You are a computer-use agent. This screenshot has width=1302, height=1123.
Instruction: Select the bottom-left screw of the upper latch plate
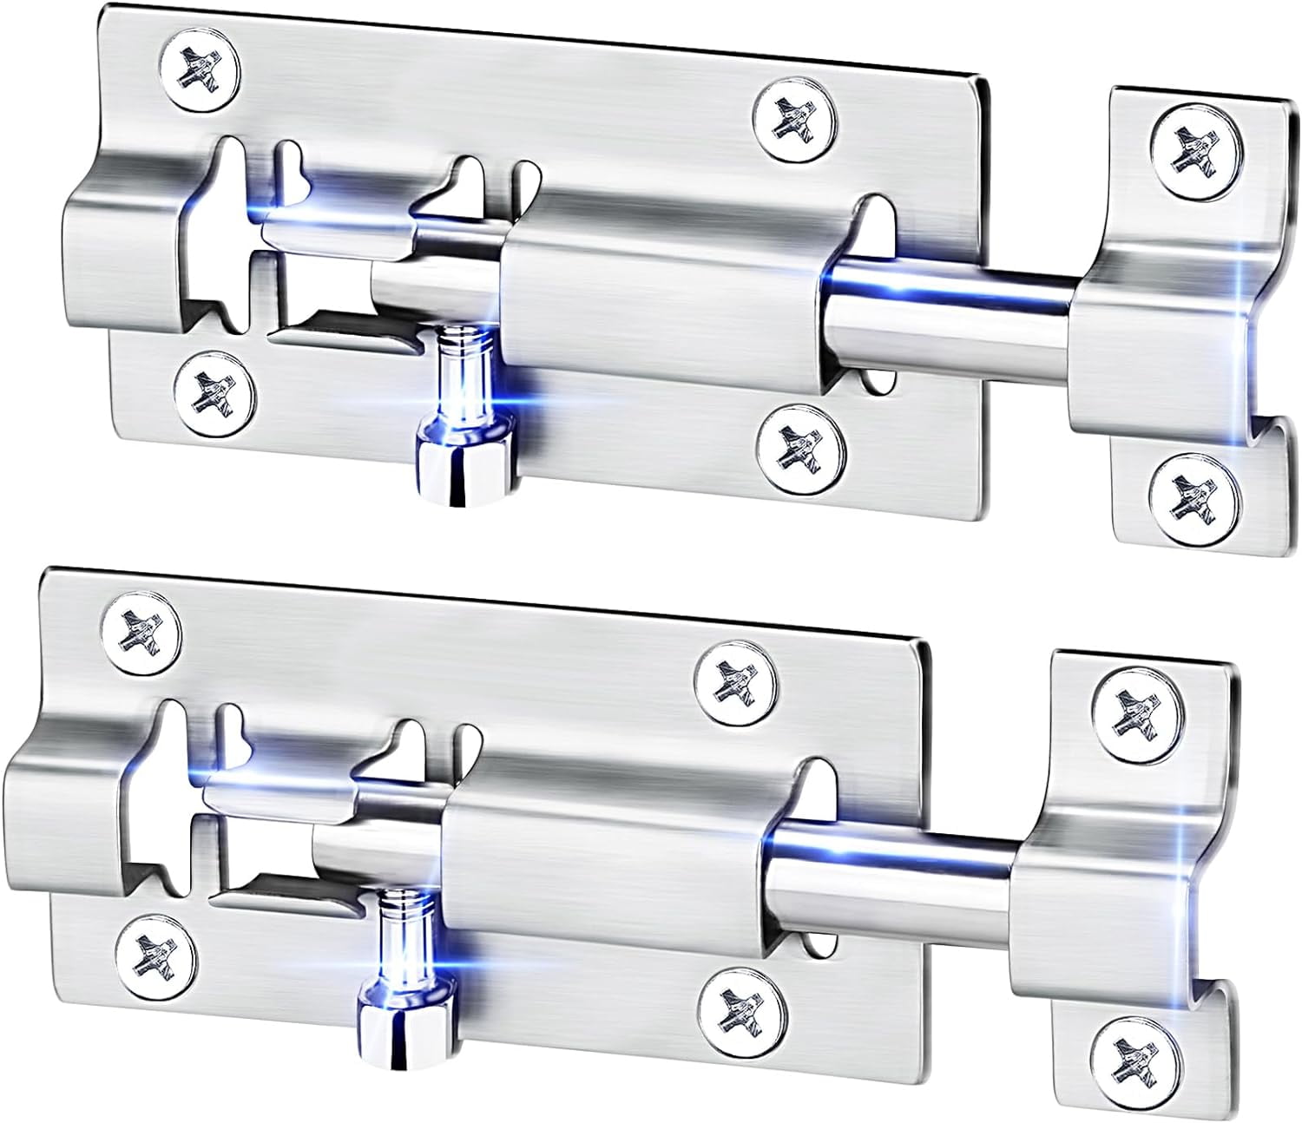click(x=214, y=392)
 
